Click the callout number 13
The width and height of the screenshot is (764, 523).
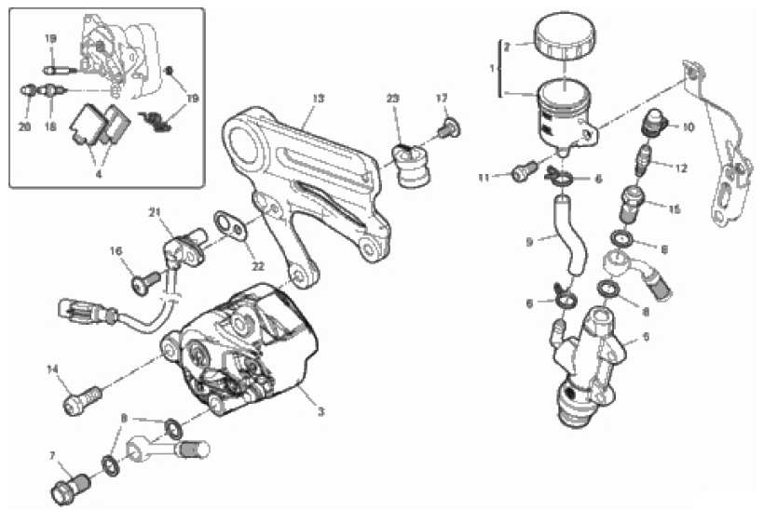318,98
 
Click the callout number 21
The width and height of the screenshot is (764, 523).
155,213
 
